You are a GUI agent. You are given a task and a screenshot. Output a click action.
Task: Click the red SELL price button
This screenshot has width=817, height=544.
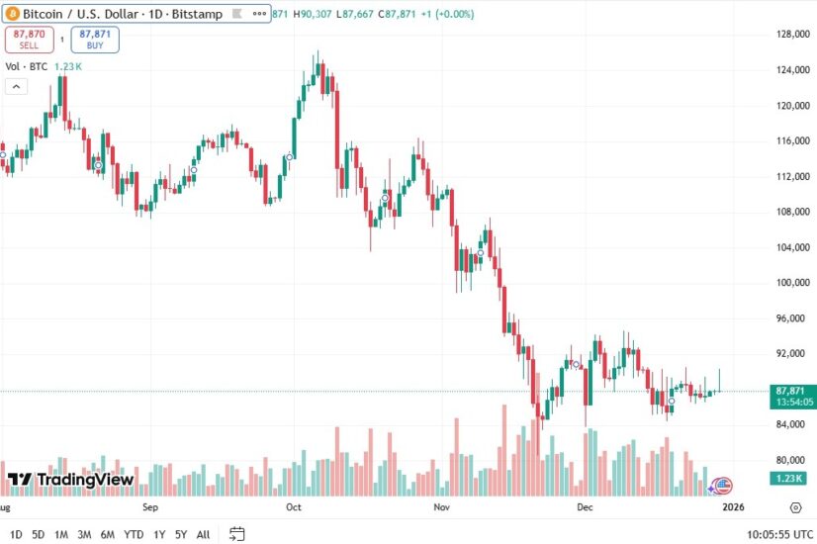28,39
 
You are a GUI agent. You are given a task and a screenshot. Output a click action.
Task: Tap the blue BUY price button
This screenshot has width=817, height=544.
94,39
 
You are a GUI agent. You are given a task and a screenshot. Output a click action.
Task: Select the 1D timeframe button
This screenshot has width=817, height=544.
16,534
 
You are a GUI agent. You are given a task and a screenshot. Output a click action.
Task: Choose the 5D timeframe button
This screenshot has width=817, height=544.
39,534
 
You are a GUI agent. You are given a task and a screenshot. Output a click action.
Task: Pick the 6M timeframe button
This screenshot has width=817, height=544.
107,534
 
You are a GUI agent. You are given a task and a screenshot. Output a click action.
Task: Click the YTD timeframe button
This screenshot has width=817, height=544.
134,534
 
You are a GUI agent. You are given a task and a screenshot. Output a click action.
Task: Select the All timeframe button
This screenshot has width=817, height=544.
203,534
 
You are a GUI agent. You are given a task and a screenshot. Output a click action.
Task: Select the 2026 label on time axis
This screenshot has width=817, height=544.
732,507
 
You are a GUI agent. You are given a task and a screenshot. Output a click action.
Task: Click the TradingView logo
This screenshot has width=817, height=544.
70,480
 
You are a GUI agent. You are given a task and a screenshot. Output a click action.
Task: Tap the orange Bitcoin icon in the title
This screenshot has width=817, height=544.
13,12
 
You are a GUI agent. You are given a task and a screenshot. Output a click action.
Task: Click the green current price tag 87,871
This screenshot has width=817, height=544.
795,391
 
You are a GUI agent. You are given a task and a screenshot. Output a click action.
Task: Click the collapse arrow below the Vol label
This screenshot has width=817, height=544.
16,86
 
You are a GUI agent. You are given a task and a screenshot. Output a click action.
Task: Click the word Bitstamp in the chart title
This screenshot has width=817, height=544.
201,12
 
